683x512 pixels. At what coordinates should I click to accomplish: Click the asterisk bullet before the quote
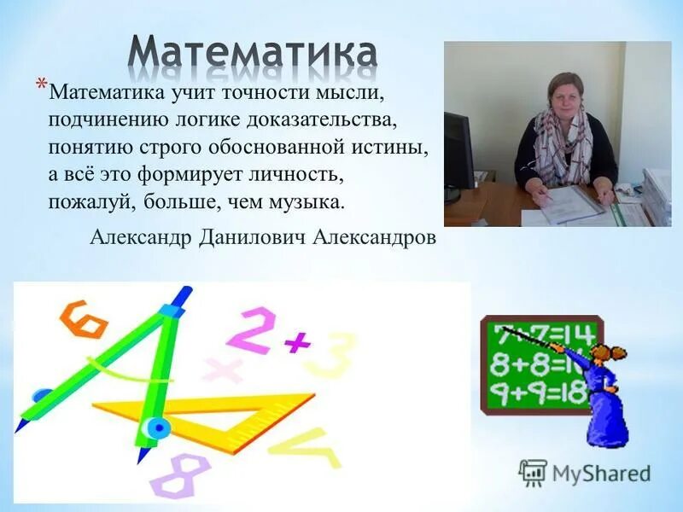coord(41,84)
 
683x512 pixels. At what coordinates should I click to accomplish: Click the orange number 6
coord(83,320)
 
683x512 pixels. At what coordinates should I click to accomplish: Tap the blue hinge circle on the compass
coord(156,427)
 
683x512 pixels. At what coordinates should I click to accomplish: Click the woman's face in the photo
coord(565,92)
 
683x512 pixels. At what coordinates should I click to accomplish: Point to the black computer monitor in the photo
coord(457,149)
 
